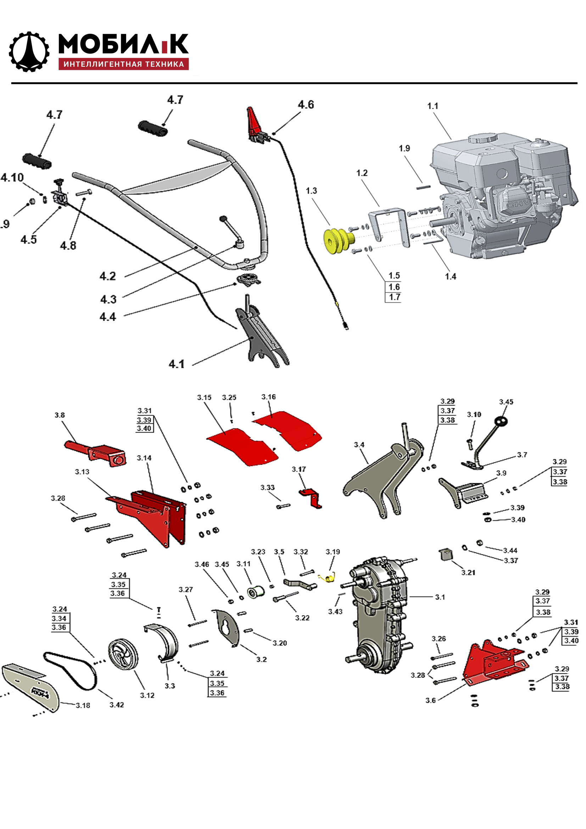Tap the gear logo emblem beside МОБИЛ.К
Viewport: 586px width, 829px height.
click(x=28, y=51)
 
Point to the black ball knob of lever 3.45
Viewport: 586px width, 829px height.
click(x=501, y=421)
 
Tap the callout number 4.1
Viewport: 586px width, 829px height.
click(x=177, y=364)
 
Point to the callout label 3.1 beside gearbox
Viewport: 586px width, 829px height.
click(x=440, y=597)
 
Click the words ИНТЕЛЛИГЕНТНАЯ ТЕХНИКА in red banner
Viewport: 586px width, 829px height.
click(x=123, y=64)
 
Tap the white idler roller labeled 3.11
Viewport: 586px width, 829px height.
click(x=256, y=591)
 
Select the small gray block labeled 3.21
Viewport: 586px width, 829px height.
click(x=445, y=554)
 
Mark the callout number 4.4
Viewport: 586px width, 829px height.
click(x=108, y=317)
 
